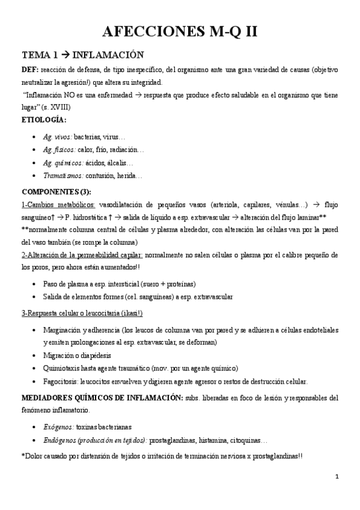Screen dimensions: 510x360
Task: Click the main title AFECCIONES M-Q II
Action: click(x=180, y=32)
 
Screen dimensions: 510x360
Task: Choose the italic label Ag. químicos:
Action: click(x=63, y=163)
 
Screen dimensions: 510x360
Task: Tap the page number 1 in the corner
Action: click(x=337, y=477)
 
